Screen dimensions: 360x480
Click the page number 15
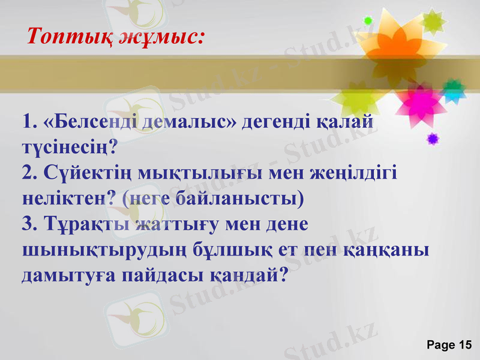tap(465, 344)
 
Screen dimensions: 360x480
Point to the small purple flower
tap(432, 139)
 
